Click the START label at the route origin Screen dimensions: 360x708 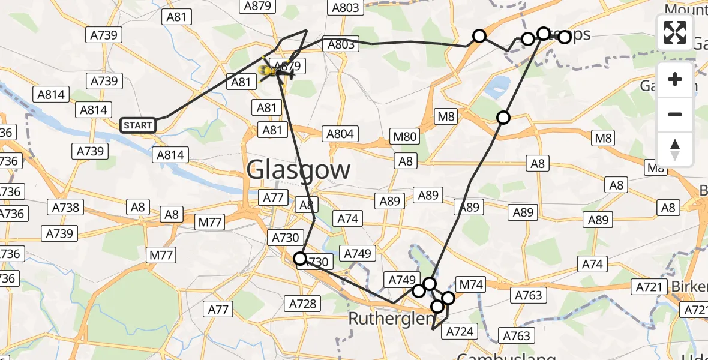point(138,125)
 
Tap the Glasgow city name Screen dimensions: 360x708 point(298,170)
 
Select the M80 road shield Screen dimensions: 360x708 point(404,137)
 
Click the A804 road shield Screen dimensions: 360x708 point(340,134)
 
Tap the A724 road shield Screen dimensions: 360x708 point(460,331)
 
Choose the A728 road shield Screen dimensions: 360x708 point(302,304)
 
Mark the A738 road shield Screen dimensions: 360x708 point(66,207)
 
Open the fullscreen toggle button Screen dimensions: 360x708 point(675,32)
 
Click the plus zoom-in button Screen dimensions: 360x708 point(675,79)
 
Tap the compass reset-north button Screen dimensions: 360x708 point(675,149)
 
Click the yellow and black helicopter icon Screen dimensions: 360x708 point(275,73)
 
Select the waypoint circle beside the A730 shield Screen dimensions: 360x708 point(299,259)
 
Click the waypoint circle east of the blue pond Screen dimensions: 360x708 point(503,118)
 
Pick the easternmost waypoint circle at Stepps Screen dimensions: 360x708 point(565,37)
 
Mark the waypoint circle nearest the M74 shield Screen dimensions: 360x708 point(448,298)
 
